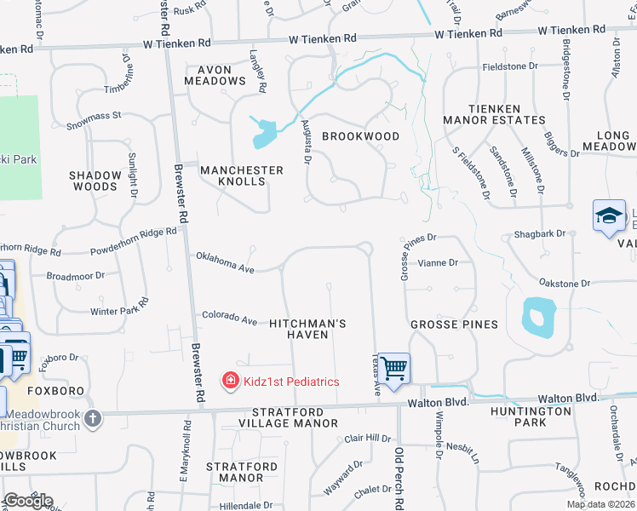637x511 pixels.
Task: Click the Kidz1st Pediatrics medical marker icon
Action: point(230,382)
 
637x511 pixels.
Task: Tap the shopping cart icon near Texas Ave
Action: point(394,370)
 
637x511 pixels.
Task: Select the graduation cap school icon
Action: point(610,216)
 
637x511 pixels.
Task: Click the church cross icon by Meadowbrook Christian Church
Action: point(93,418)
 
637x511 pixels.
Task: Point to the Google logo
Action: point(28,501)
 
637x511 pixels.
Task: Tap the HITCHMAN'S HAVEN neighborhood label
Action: point(307,330)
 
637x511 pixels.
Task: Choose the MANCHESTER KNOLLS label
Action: point(242,175)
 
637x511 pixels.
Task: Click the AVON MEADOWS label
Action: point(221,75)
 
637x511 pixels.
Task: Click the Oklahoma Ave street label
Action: point(226,262)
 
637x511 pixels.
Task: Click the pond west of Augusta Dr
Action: point(265,131)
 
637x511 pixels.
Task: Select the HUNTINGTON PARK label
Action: point(531,416)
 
